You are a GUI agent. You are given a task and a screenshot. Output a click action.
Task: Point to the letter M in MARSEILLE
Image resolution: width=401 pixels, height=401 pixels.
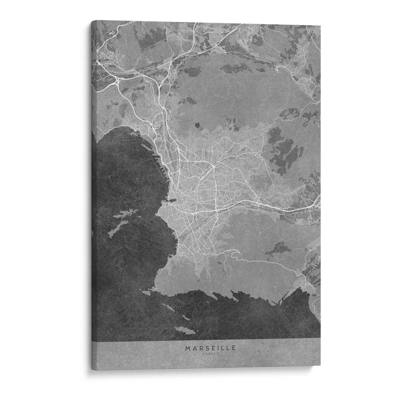[187, 346]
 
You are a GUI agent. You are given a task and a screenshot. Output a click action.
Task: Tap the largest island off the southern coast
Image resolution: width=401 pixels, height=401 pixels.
[186, 331]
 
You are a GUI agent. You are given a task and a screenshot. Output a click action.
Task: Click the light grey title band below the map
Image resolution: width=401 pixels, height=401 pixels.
[150, 351]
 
